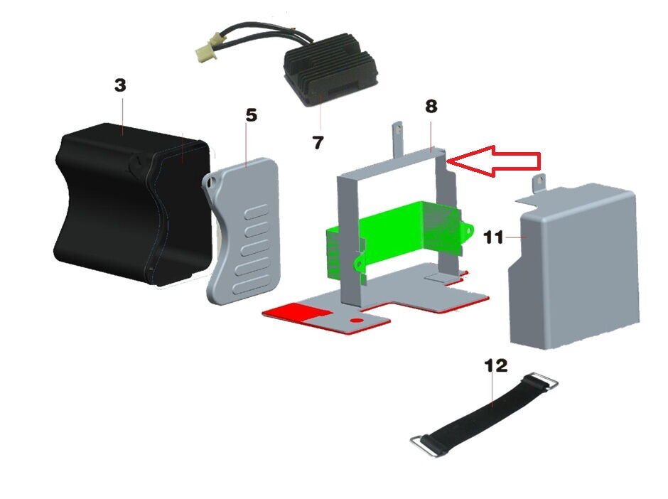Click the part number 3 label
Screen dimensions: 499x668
[120, 85]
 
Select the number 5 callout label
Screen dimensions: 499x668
[251, 115]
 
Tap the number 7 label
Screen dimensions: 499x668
[318, 143]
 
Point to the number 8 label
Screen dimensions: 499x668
[431, 107]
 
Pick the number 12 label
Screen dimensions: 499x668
[496, 365]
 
